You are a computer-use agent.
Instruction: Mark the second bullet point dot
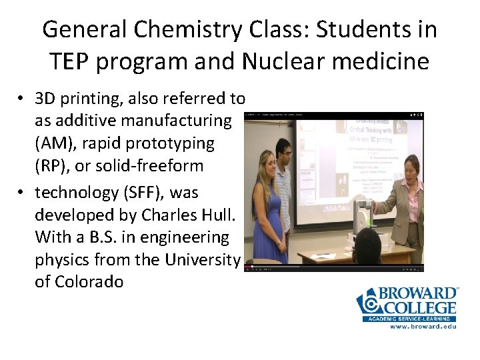(21, 193)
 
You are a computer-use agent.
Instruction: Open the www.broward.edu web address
(423, 327)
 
